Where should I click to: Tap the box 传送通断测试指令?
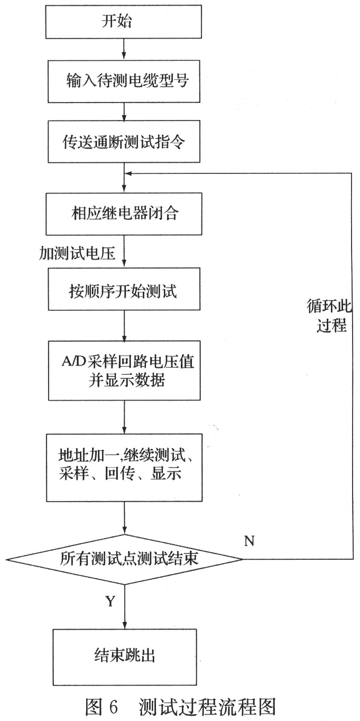click(x=124, y=141)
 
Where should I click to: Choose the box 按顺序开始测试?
click(x=124, y=290)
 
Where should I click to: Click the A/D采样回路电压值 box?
click(x=124, y=371)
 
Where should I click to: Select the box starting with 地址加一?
click(x=124, y=467)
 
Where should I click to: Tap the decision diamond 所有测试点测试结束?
click(x=124, y=559)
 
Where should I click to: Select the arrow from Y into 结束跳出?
click(x=124, y=613)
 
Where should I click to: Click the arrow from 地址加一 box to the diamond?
click(x=124, y=518)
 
